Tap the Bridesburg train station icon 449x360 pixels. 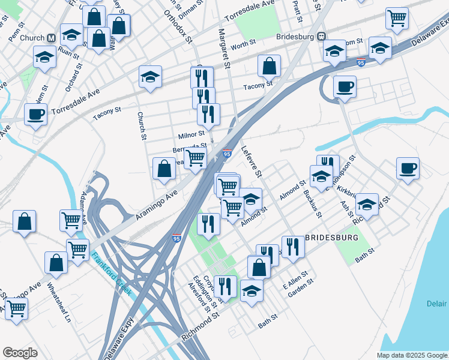click(322, 37)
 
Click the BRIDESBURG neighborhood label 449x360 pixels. click(332, 238)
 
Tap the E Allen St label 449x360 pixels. click(299, 281)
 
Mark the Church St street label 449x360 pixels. click(142, 125)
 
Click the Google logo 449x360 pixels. click(20, 353)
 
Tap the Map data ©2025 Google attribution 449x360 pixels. click(411, 355)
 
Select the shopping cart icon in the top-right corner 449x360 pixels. click(397, 19)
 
